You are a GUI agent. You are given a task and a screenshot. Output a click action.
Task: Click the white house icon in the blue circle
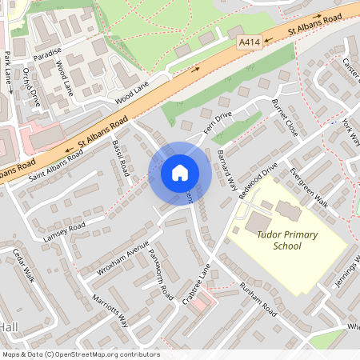[179, 172]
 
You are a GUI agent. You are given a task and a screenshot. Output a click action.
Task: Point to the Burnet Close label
[285, 117]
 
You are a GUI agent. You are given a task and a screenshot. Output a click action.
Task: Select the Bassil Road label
[122, 157]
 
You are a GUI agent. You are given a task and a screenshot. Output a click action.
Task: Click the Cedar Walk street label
[25, 285]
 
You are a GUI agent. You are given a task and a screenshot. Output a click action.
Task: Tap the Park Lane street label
[8, 71]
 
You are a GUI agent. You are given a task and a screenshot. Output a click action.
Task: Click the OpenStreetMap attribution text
[81, 354]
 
